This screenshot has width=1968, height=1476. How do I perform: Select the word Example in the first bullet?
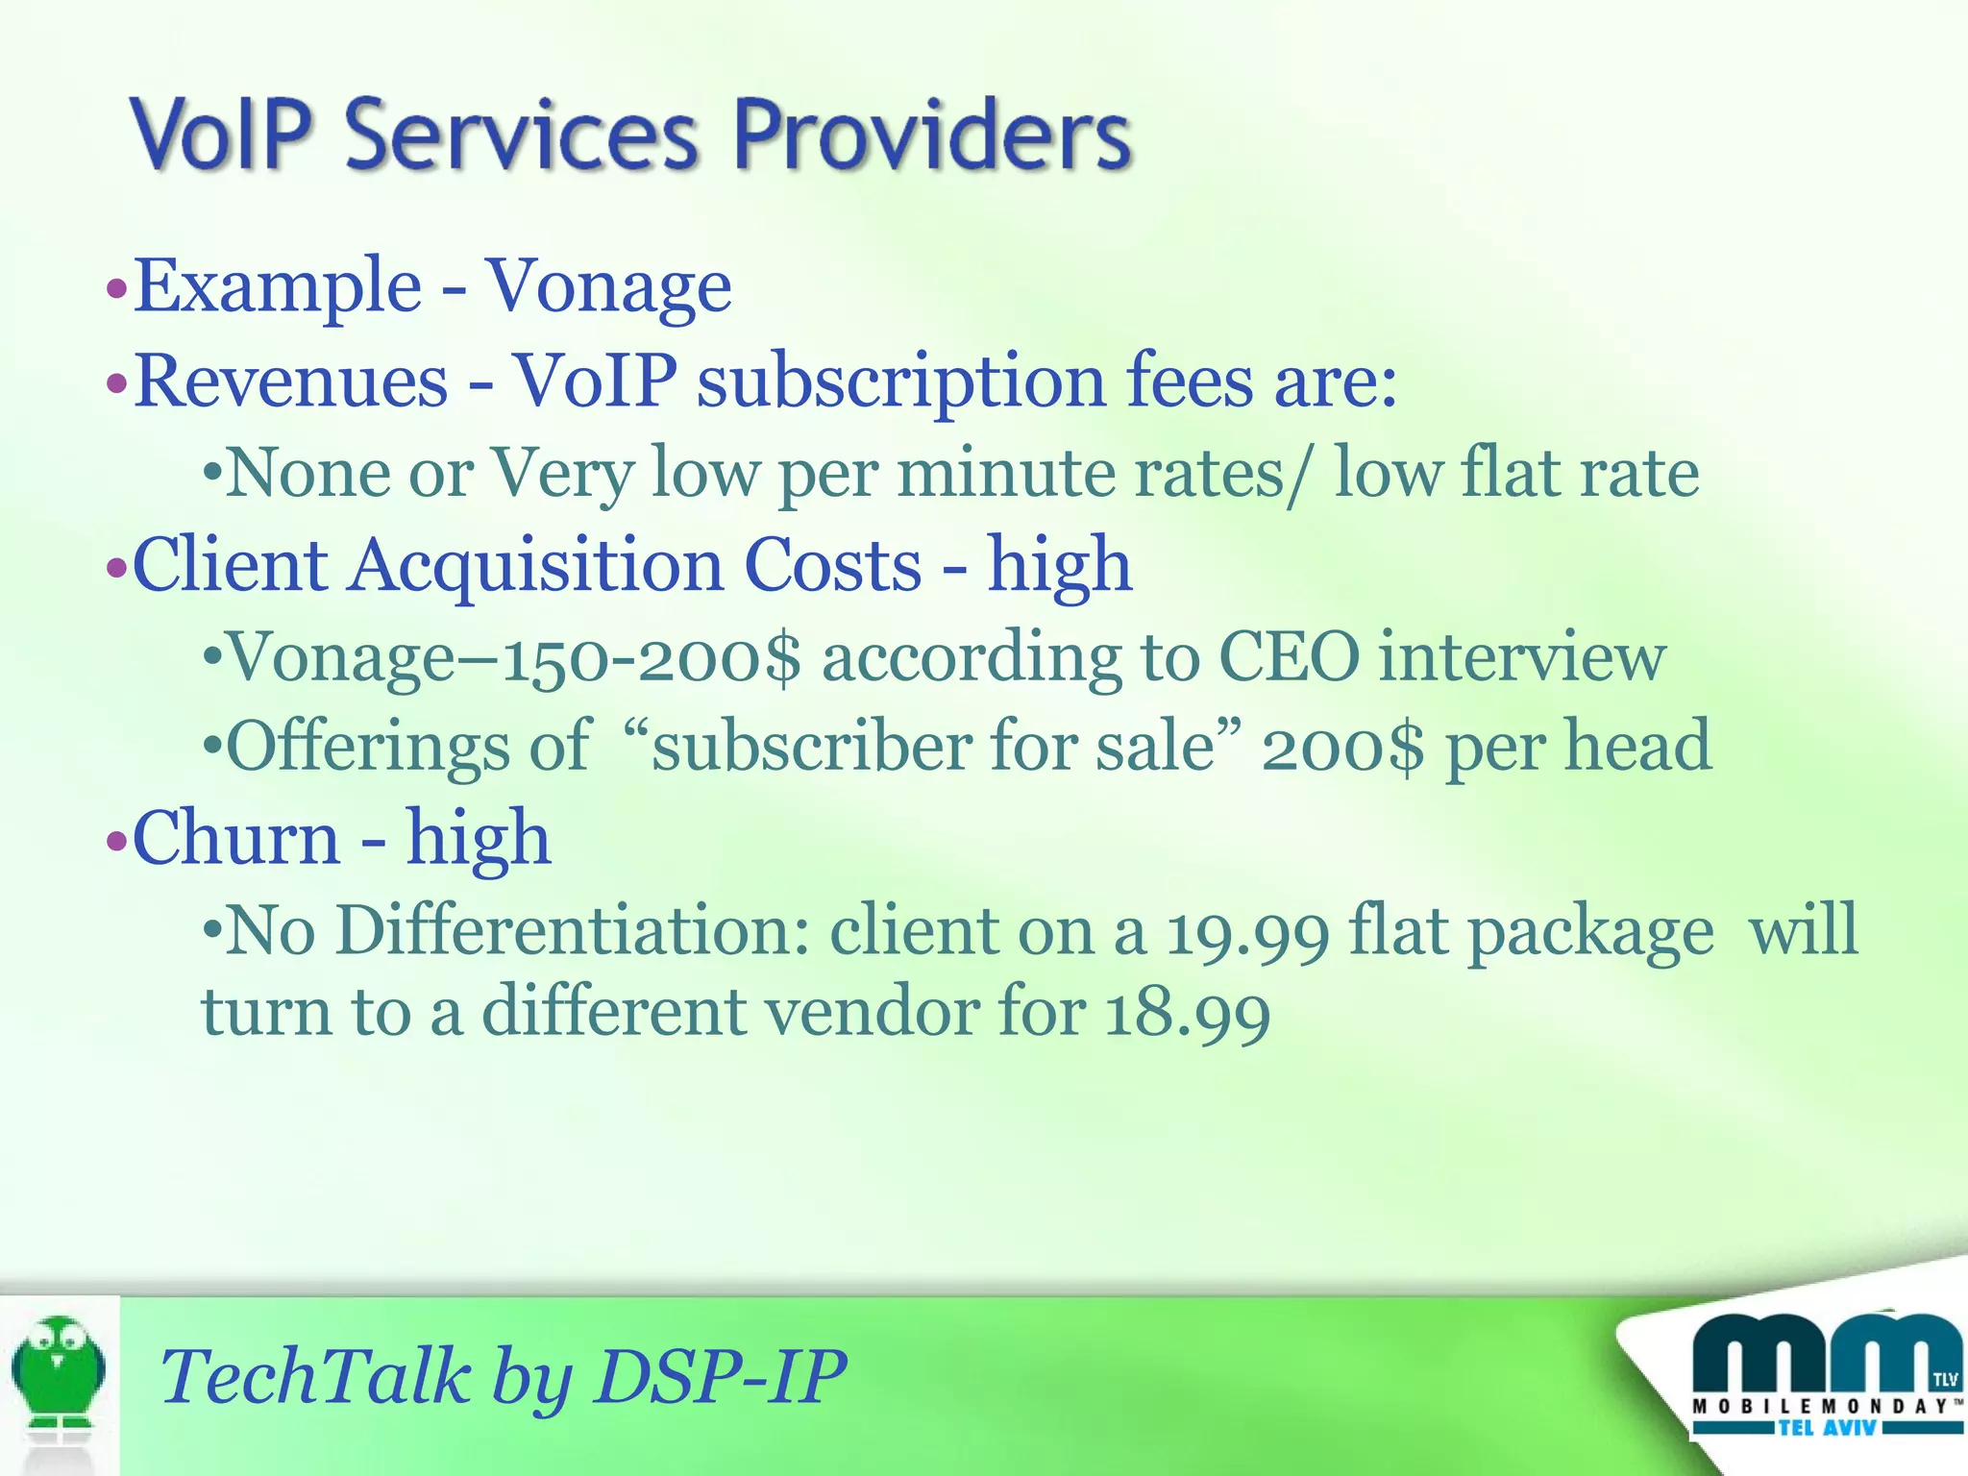[x=278, y=286]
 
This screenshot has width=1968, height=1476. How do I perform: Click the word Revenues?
[x=291, y=381]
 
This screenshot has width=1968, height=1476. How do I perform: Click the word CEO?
[x=1289, y=658]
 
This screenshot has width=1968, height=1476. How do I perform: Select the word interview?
[x=1522, y=658]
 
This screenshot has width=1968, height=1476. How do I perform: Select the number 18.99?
[x=1188, y=1013]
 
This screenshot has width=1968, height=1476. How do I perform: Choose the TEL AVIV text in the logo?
[x=1827, y=1428]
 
